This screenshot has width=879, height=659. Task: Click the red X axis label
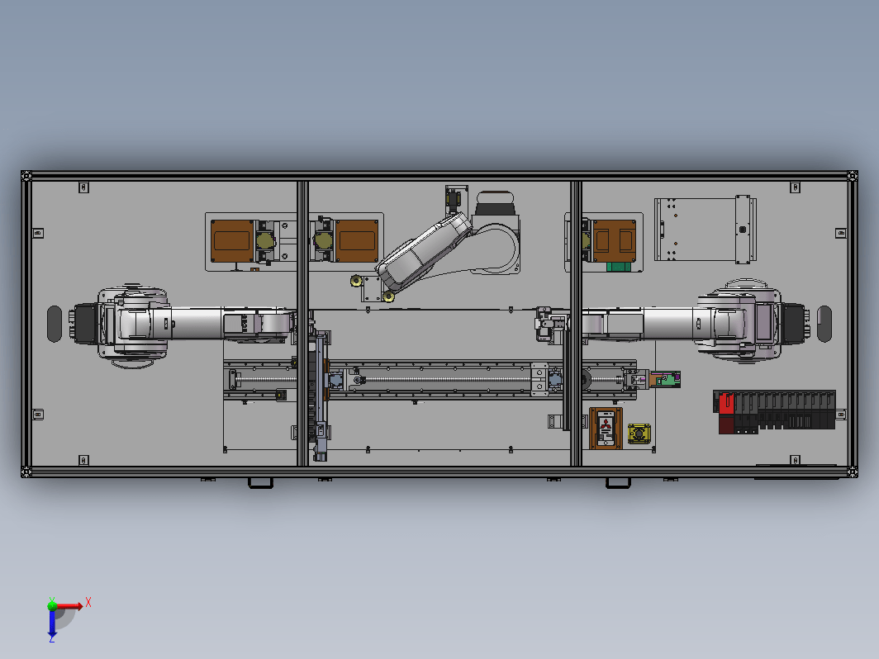[88, 602]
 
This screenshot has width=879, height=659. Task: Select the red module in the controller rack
[726, 404]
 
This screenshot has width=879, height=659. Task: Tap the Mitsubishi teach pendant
[606, 429]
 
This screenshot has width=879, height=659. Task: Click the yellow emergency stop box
[639, 434]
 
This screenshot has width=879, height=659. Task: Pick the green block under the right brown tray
[619, 266]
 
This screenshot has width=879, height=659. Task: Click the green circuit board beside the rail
[667, 379]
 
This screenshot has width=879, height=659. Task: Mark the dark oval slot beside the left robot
[55, 324]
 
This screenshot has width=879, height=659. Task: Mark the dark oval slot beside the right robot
[824, 324]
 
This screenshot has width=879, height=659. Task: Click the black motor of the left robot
[85, 324]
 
